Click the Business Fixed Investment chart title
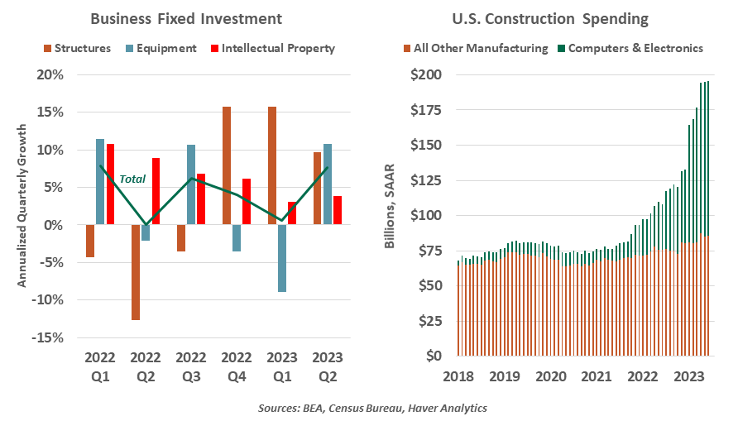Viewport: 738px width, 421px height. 185,18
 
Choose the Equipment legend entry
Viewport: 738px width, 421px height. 162,48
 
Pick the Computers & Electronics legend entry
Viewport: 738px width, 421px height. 635,48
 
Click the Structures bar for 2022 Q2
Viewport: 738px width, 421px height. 136,272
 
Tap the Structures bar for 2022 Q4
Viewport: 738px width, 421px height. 227,165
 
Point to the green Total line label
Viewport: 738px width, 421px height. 132,179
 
